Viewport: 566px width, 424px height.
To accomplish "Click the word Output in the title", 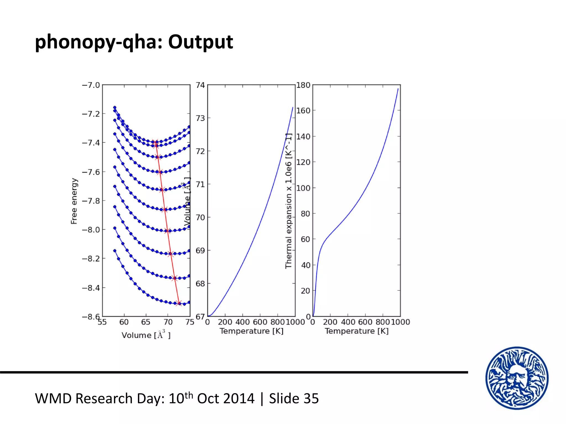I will [200, 42].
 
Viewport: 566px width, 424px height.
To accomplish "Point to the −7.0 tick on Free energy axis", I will [91, 85].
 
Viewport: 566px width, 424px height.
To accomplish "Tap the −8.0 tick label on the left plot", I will [91, 230].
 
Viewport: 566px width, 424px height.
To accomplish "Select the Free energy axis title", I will [74, 201].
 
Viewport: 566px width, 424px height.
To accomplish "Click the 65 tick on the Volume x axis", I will [146, 322].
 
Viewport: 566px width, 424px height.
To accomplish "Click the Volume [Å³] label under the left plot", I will [146, 335].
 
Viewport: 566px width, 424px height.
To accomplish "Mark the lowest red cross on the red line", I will [179, 303].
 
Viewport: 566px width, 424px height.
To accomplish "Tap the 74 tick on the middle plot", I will [200, 85].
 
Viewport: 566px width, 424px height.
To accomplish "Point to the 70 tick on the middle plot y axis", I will [200, 218].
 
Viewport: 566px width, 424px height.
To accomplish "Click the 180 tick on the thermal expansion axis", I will [303, 85].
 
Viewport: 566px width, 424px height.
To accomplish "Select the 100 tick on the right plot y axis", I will [303, 188].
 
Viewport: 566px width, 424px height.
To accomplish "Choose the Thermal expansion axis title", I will [289, 201].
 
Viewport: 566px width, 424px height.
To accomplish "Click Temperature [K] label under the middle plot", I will [251, 331].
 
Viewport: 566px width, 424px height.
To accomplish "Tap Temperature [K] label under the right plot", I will [357, 331].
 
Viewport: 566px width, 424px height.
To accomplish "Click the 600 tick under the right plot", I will [365, 322].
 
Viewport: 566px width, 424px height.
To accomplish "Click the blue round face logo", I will [517, 378].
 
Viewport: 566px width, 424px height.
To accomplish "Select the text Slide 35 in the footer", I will [294, 399].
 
